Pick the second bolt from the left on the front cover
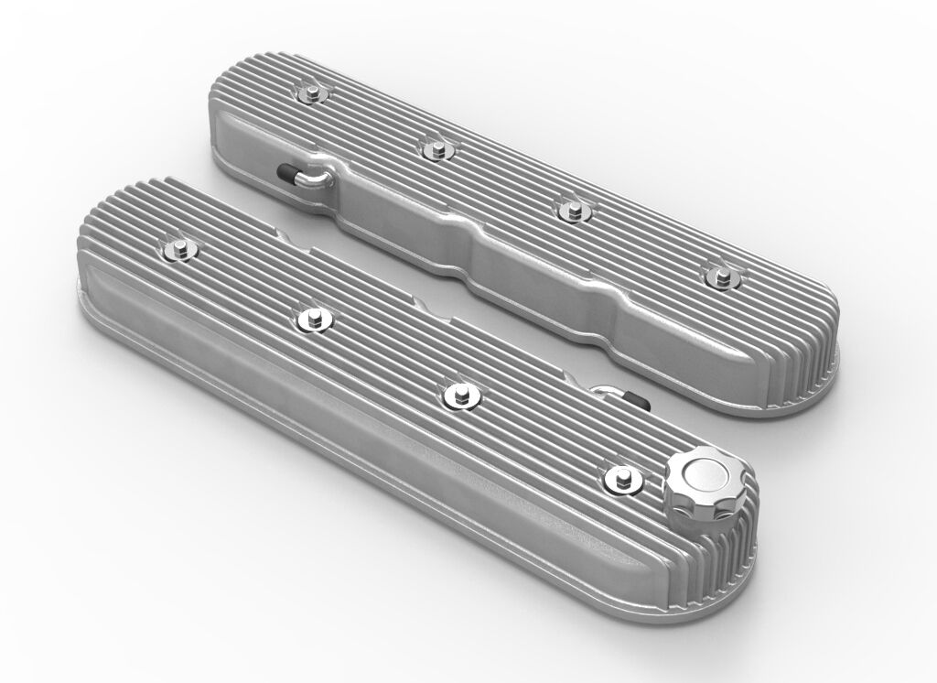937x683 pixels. pyautogui.click(x=313, y=318)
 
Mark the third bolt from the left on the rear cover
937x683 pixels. pyautogui.click(x=572, y=207)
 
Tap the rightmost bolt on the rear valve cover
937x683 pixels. pyautogui.click(x=721, y=272)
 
